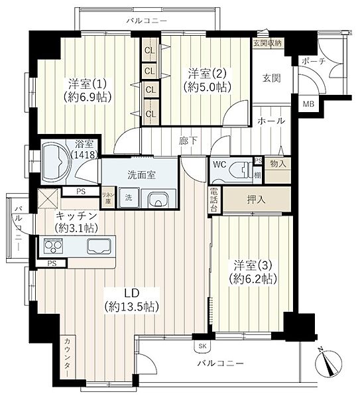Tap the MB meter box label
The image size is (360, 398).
click(x=308, y=104)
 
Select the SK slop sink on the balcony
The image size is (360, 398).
click(x=202, y=346)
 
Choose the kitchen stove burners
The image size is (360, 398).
click(x=53, y=245)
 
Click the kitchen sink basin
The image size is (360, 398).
click(x=99, y=245)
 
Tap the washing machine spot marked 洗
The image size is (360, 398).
click(x=129, y=198)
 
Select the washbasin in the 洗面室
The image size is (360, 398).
click(x=158, y=198)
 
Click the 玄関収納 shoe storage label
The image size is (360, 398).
click(x=267, y=42)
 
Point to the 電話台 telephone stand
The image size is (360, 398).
click(x=214, y=200)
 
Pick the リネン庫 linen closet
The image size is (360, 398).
click(x=108, y=198)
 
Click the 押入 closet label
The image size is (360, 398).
click(x=256, y=200)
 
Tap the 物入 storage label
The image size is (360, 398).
click(x=278, y=164)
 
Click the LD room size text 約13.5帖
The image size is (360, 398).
click(x=132, y=307)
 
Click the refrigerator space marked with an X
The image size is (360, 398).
click(x=48, y=199)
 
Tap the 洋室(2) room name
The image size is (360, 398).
click(x=207, y=74)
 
